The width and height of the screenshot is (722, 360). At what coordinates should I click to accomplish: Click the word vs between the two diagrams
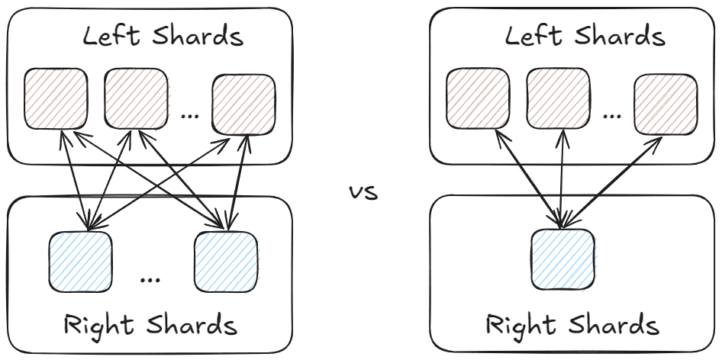coord(363,191)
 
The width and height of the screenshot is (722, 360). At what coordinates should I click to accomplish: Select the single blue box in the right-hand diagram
coord(562,260)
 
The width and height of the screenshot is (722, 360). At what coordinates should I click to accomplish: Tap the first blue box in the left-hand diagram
coord(81,261)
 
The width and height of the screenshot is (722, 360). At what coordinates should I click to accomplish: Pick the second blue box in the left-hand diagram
coord(227,261)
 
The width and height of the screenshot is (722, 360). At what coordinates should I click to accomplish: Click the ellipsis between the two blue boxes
coord(150,277)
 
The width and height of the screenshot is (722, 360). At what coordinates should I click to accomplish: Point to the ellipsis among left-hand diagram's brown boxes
coord(189,114)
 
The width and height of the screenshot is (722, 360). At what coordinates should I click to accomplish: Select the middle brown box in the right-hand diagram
coord(557,98)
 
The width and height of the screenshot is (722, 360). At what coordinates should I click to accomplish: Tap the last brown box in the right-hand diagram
coord(666,103)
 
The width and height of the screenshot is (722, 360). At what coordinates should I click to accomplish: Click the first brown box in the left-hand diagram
coord(56,98)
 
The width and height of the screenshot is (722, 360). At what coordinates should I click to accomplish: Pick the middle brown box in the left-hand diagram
coord(135,98)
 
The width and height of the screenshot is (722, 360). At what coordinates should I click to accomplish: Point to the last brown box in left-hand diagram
coord(243,103)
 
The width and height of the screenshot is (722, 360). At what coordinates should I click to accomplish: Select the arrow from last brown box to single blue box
coord(611,182)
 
